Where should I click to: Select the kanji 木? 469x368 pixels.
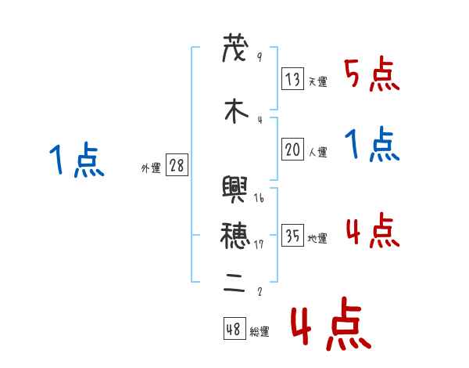click(234, 112)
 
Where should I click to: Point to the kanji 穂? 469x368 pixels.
click(234, 233)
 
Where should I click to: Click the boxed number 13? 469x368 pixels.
click(293, 78)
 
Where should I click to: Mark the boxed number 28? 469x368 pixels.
click(177, 166)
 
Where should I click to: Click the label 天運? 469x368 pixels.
click(317, 81)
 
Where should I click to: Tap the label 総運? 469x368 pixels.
click(260, 332)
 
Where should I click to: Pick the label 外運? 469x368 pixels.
click(151, 168)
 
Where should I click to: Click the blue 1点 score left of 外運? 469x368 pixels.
click(76, 161)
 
